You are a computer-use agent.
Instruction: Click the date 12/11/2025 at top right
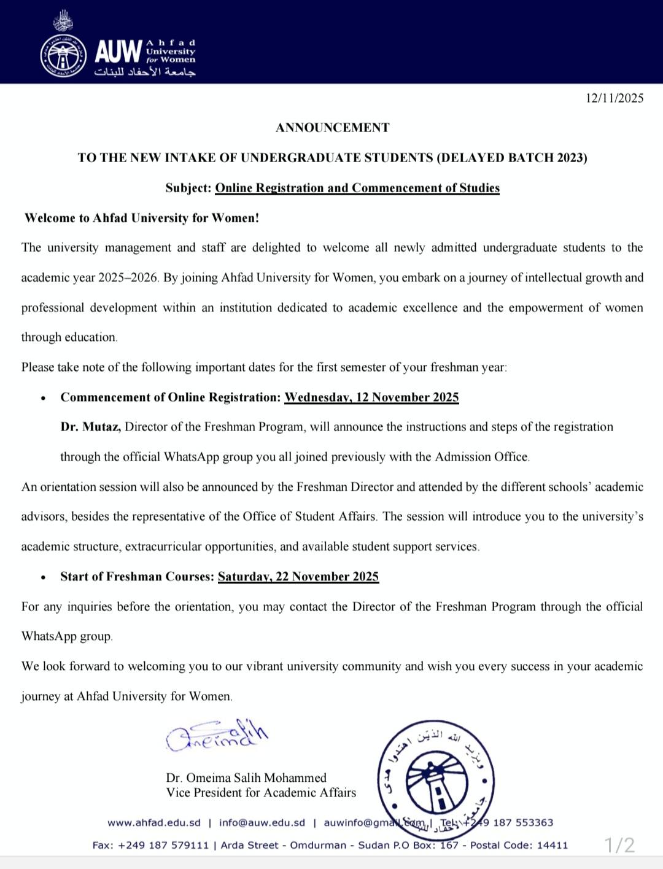614,98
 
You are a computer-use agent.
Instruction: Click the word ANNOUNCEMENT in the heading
332,128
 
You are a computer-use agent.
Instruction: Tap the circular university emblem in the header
64,56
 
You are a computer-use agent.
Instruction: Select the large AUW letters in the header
118,52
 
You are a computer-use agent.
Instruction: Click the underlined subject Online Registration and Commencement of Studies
357,188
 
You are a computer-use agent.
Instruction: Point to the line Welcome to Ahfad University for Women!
142,218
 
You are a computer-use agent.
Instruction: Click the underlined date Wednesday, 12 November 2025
371,397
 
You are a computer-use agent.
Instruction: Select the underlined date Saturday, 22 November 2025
298,577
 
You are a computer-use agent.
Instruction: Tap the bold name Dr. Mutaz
90,427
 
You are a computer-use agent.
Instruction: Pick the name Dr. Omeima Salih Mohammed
246,777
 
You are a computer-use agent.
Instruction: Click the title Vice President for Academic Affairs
261,793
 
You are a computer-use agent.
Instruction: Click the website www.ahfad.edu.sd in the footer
154,823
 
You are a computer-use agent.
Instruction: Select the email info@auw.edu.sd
262,823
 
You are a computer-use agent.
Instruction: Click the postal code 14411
552,846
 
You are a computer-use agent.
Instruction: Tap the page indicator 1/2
619,846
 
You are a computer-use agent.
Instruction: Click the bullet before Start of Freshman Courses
43,577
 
